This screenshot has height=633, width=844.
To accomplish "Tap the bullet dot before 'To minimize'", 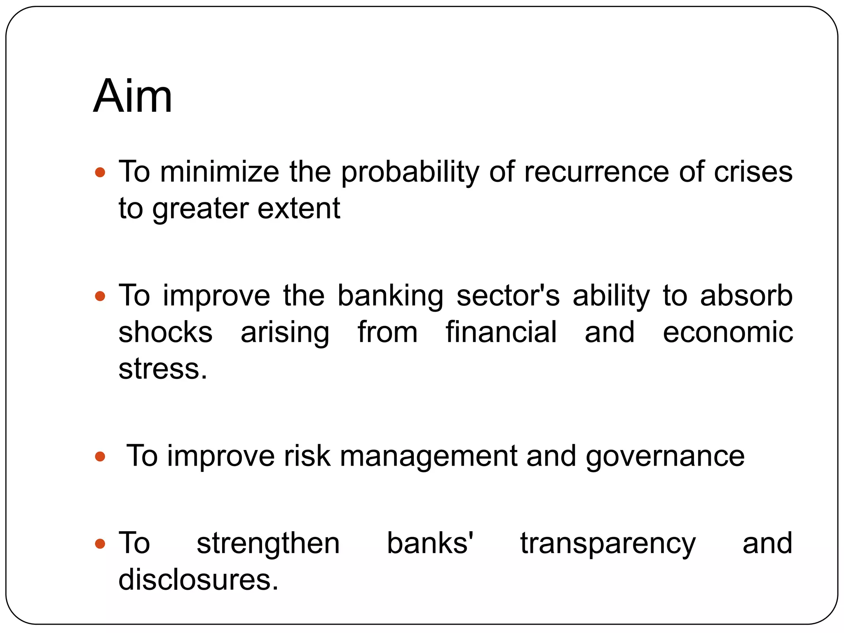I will (100, 172).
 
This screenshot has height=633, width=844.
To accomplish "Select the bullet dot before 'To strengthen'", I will (100, 544).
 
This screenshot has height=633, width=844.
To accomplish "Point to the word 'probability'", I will (410, 172).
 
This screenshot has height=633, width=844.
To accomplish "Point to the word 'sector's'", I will (508, 296).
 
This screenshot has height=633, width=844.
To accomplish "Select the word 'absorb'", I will (746, 296).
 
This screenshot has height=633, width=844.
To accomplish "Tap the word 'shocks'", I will (165, 332).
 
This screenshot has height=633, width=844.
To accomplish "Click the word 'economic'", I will (728, 332).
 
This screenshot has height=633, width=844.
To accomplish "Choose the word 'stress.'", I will (163, 368).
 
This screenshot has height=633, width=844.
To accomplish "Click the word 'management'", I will (428, 457).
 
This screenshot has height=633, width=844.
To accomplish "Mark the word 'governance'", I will (665, 457).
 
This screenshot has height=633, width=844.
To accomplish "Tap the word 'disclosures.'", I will (199, 579).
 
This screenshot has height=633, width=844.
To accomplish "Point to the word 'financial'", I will (501, 332).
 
